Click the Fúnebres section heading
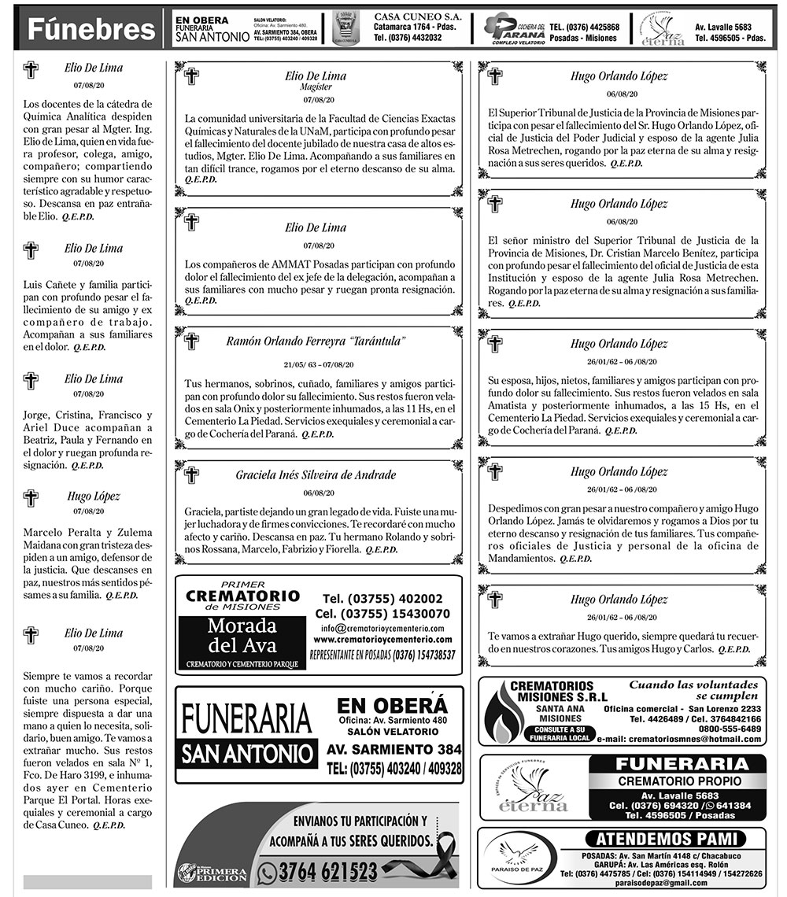click(91, 30)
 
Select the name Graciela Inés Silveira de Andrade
click(316, 475)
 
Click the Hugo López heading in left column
click(94, 496)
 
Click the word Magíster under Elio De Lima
click(316, 87)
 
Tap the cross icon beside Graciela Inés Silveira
click(191, 475)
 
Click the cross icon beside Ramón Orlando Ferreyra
click(191, 342)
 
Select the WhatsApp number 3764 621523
click(328, 872)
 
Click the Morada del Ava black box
click(242, 637)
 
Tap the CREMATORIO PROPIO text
click(678, 781)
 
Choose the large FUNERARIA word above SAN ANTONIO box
click(246, 718)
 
